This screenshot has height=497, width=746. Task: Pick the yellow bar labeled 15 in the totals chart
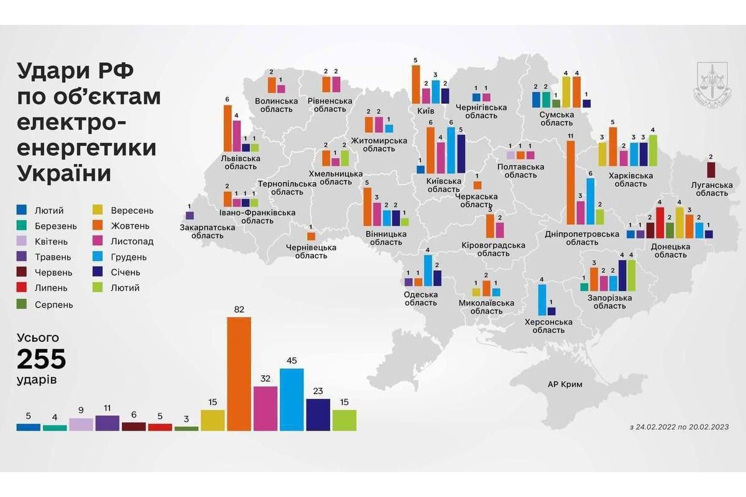pyautogui.click(x=213, y=419)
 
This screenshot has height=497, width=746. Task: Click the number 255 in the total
pyautogui.click(x=41, y=360)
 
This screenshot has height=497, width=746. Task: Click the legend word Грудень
pyautogui.click(x=130, y=257)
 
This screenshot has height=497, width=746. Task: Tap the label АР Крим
pyautogui.click(x=565, y=385)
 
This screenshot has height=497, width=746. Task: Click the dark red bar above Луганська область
pyautogui.click(x=711, y=170)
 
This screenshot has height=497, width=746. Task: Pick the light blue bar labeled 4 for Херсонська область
pyautogui.click(x=541, y=300)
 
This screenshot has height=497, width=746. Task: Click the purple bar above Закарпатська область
pyautogui.click(x=190, y=216)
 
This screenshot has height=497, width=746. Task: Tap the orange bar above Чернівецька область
pyautogui.click(x=311, y=236)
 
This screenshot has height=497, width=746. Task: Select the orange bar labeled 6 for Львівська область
pyautogui.click(x=228, y=128)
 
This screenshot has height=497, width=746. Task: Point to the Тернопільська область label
pyautogui.click(x=280, y=188)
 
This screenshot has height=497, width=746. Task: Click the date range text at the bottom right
pyautogui.click(x=679, y=427)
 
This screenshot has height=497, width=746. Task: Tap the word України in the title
pyautogui.click(x=65, y=173)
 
